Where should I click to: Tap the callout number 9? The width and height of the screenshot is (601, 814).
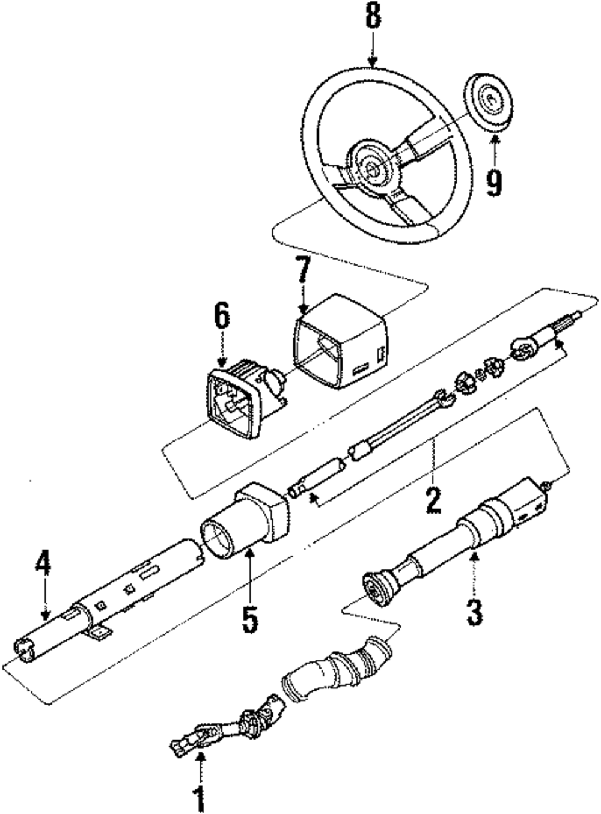point(493,182)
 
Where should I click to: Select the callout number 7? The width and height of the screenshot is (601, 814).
point(302,274)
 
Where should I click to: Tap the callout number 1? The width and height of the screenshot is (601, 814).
point(199,800)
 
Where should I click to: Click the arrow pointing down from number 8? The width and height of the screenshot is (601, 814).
point(373,50)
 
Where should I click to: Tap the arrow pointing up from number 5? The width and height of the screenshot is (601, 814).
point(250,571)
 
